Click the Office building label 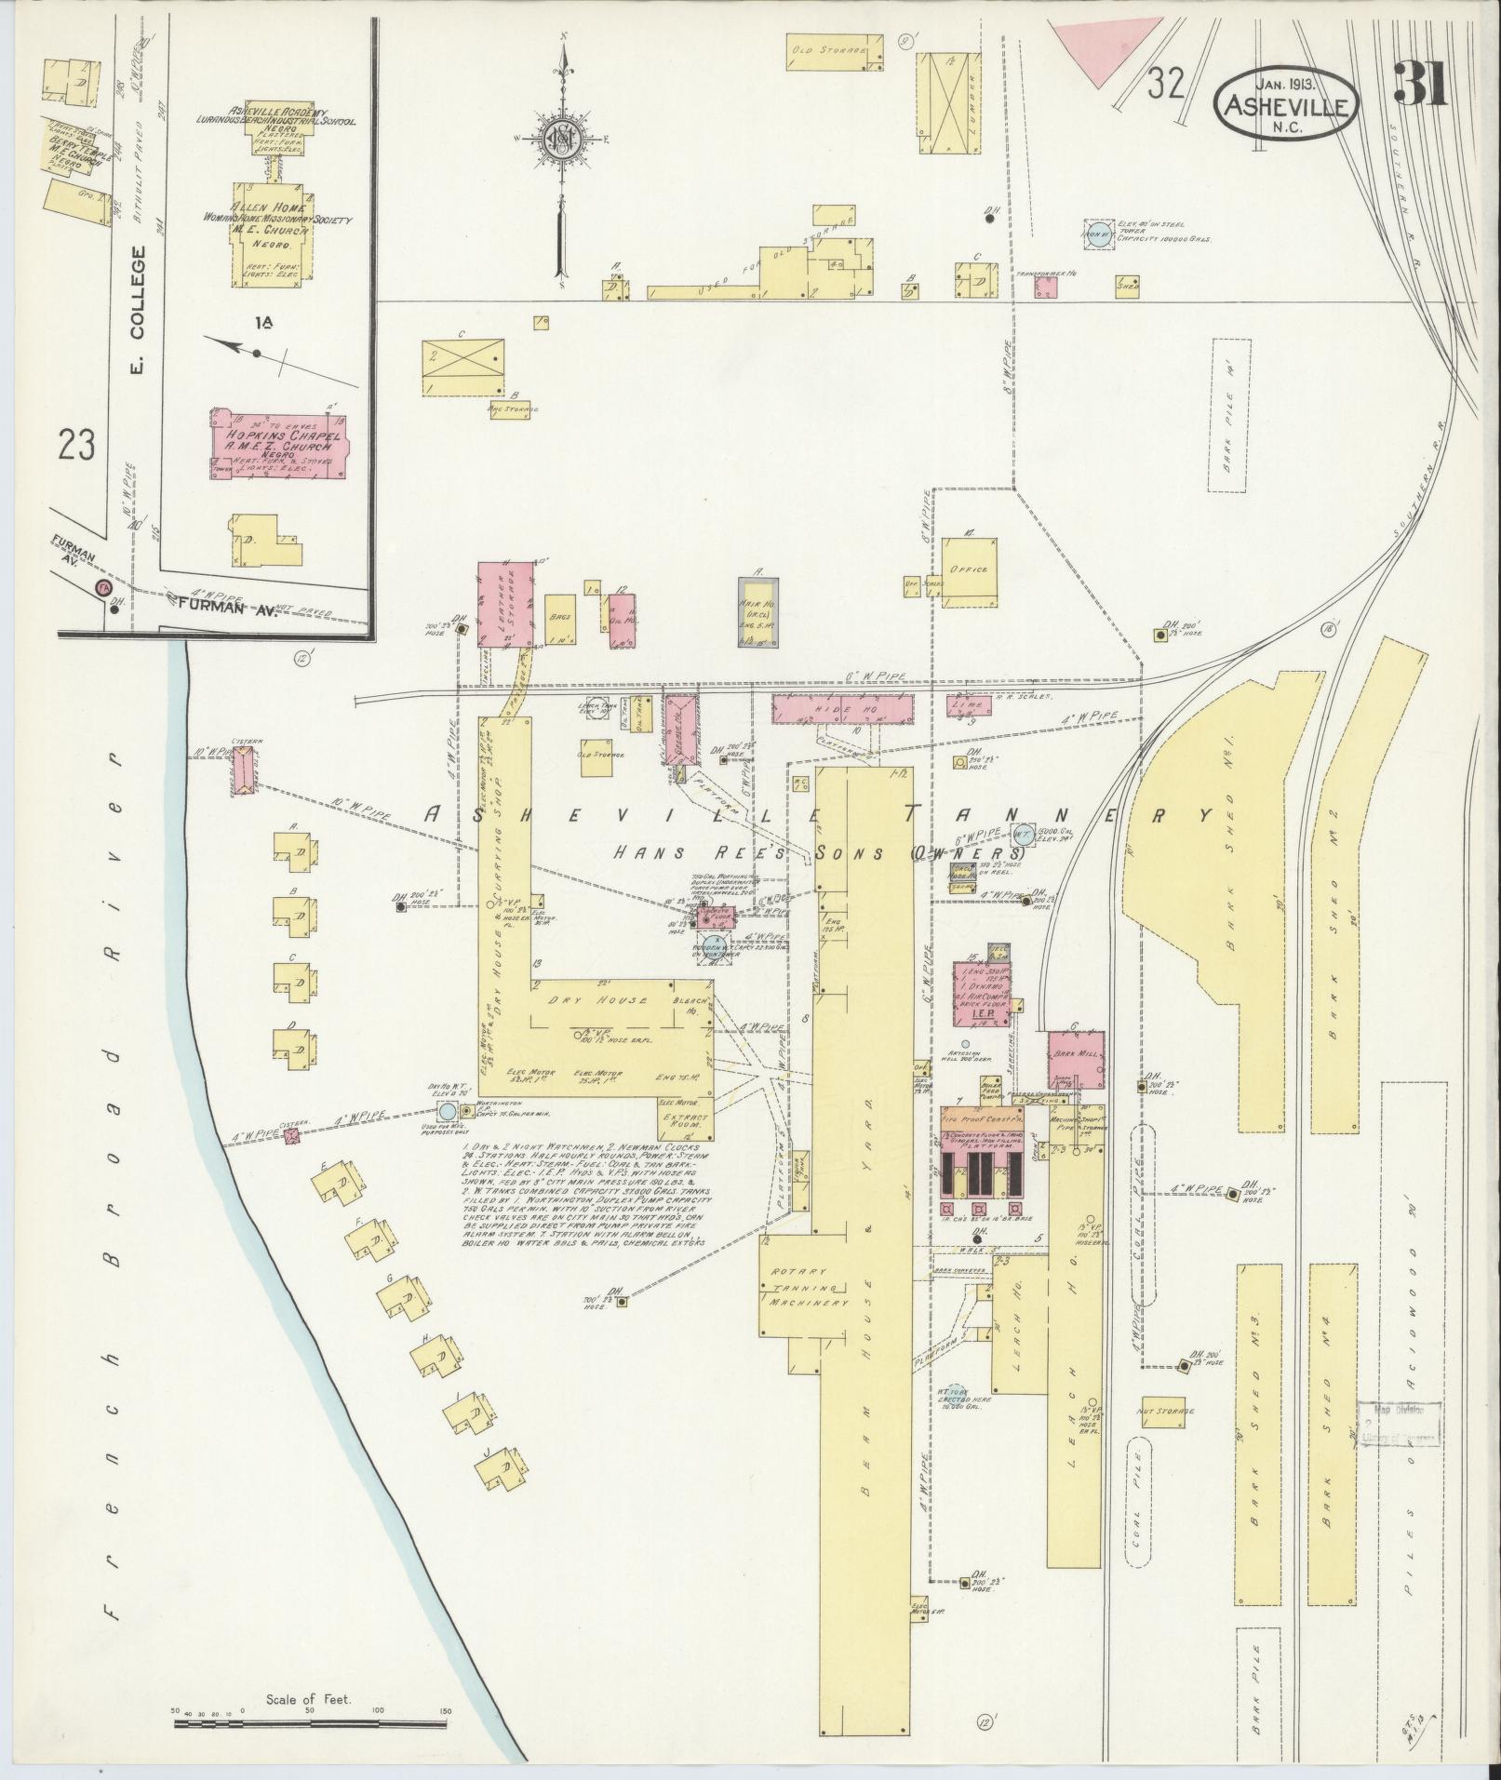[969, 569]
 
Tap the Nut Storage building [1164, 1411]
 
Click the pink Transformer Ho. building [1046, 288]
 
